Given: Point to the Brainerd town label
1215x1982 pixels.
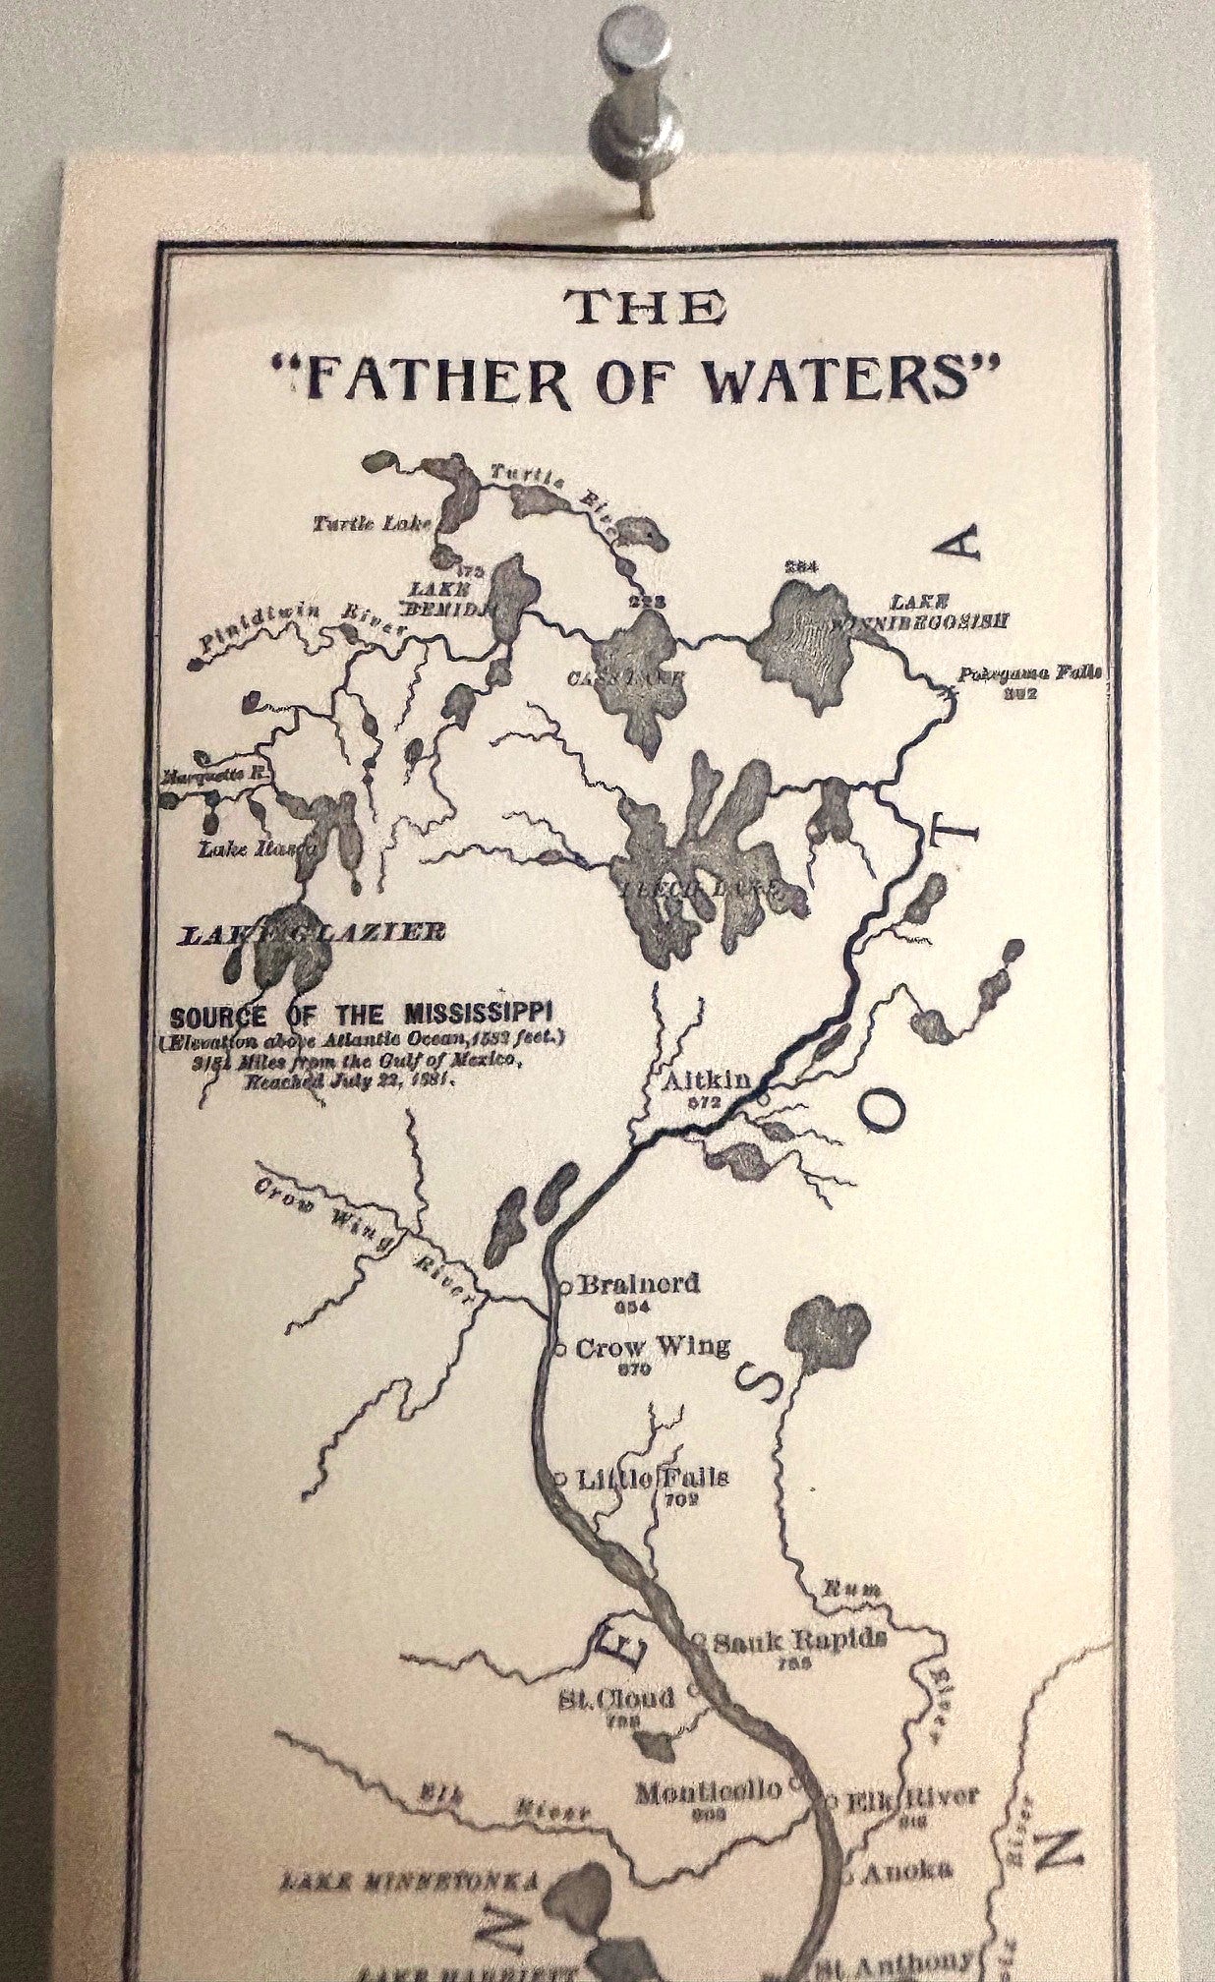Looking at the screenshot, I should tap(639, 1283).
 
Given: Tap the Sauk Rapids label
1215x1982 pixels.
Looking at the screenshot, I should tap(800, 1639).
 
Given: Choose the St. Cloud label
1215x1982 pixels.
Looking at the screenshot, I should tap(617, 1698).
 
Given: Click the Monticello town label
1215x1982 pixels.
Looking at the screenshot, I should tap(708, 1790).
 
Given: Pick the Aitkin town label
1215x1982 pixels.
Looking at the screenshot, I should tap(707, 1080).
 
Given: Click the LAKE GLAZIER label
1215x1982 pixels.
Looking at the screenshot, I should tap(311, 932).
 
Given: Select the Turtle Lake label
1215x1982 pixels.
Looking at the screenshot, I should tap(373, 524).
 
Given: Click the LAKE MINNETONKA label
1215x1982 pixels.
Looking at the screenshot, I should tap(409, 1882).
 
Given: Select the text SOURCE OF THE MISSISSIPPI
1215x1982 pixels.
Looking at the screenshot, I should tap(363, 1014).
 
